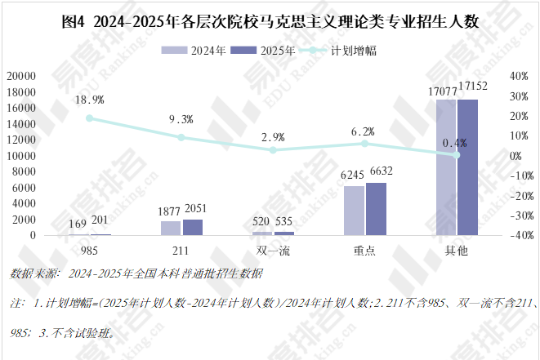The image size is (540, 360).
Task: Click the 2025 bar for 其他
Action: (x=467, y=167)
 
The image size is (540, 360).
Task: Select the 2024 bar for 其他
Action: (x=446, y=167)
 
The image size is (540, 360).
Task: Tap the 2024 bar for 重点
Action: (x=354, y=211)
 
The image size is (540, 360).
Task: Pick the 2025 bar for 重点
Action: (x=375, y=209)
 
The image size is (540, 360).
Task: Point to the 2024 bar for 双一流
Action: (x=262, y=233)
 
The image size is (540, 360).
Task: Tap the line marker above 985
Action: (x=89, y=118)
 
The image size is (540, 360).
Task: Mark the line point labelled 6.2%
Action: (x=364, y=144)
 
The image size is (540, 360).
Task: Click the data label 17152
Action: (x=474, y=86)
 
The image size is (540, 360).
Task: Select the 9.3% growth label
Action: (x=181, y=119)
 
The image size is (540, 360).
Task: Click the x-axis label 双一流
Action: (x=273, y=250)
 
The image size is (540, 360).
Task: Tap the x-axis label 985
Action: (x=89, y=250)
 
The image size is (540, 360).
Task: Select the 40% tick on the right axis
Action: (x=520, y=76)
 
